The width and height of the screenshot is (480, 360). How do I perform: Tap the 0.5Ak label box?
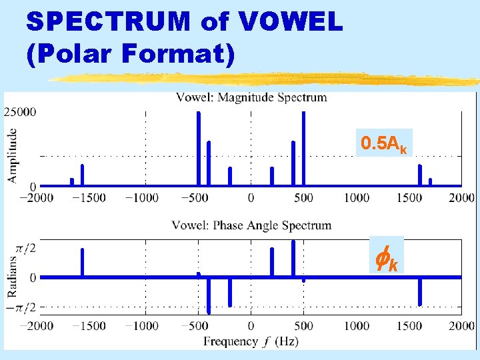(x=384, y=143)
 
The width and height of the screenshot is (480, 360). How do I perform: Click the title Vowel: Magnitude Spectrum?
(x=251, y=97)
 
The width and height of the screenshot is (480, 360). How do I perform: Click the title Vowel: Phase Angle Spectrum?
(x=251, y=225)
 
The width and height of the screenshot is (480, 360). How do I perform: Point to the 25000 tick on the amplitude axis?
(x=21, y=112)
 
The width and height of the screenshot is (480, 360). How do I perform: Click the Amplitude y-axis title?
(x=13, y=155)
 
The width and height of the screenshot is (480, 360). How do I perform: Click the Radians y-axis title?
(x=13, y=276)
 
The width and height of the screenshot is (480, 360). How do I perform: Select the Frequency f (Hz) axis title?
(x=251, y=341)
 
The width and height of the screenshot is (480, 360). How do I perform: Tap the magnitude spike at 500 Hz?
(x=303, y=148)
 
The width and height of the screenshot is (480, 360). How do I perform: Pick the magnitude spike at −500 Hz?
(x=198, y=148)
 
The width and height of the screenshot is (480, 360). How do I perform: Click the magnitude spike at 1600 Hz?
(x=420, y=175)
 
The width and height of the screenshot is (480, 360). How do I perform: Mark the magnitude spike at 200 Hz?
(x=272, y=176)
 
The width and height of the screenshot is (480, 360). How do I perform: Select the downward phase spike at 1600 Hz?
(x=420, y=291)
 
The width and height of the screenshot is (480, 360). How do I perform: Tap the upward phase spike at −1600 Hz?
(x=82, y=262)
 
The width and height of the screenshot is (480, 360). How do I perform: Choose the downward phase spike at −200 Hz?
(x=230, y=292)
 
